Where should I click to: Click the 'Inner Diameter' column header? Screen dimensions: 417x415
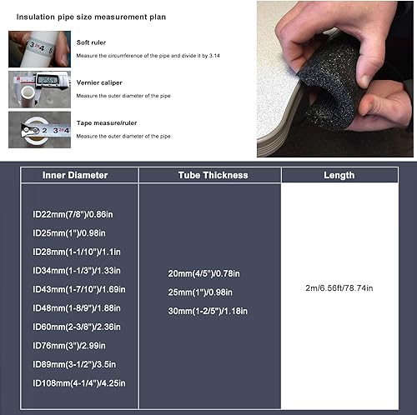[75, 175]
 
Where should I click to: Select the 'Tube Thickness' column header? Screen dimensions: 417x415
[213, 175]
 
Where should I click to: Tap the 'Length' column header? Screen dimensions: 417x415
[339, 175]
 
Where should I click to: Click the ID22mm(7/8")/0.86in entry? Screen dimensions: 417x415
[73, 214]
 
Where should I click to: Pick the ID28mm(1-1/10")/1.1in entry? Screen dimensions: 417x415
[77, 252]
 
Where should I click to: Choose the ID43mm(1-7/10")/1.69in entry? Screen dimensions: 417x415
[79, 289]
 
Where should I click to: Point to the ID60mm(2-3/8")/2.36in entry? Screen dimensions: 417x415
[77, 327]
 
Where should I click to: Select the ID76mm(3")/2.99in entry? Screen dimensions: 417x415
[69, 346]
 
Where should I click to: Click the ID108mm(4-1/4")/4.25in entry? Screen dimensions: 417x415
[79, 383]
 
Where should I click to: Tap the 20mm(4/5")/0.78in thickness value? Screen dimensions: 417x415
[203, 273]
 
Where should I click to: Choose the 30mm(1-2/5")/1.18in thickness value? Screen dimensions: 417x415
[208, 311]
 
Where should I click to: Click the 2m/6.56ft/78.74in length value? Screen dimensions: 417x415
[339, 288]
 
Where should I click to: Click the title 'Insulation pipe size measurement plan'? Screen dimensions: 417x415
[91, 17]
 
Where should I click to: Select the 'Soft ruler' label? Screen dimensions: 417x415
[91, 42]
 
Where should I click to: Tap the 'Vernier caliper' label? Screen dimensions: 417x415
[99, 82]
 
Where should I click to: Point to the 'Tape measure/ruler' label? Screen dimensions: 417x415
[107, 122]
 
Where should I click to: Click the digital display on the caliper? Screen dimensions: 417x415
[48, 80]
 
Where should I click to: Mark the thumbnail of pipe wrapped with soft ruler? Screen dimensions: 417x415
[39, 49]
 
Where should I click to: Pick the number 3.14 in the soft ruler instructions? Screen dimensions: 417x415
[214, 56]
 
